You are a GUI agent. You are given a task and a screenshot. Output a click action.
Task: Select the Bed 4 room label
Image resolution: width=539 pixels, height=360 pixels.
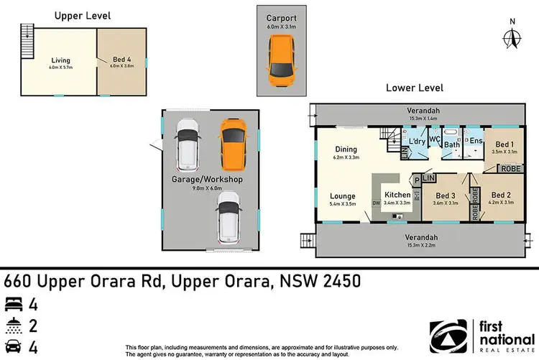pos(121,61)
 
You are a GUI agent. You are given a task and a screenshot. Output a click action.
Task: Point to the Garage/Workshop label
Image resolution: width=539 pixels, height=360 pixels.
pos(207,179)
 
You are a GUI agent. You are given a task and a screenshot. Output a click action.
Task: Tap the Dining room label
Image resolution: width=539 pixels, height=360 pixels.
pos(346,149)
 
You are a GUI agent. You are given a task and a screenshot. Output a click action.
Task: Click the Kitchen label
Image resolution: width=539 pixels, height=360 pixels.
pos(397,195)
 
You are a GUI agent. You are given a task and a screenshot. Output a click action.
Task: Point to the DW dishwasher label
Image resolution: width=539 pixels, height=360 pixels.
pos(377,203)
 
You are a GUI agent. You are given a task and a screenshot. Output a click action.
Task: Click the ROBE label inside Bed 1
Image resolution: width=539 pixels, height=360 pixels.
pos(510,167)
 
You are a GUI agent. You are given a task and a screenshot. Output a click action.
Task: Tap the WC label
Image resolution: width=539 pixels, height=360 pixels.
pos(434,138)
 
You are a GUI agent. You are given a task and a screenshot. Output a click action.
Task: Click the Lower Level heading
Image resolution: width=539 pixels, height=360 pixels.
pos(414,88)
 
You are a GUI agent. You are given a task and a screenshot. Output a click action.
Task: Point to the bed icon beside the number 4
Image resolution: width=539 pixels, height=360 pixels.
pos(13,303)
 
